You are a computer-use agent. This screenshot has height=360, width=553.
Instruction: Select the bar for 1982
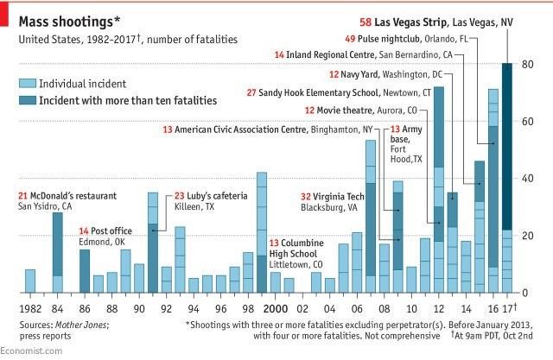pos(30,281)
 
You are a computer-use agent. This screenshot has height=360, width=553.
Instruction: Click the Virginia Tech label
pos(340,195)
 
